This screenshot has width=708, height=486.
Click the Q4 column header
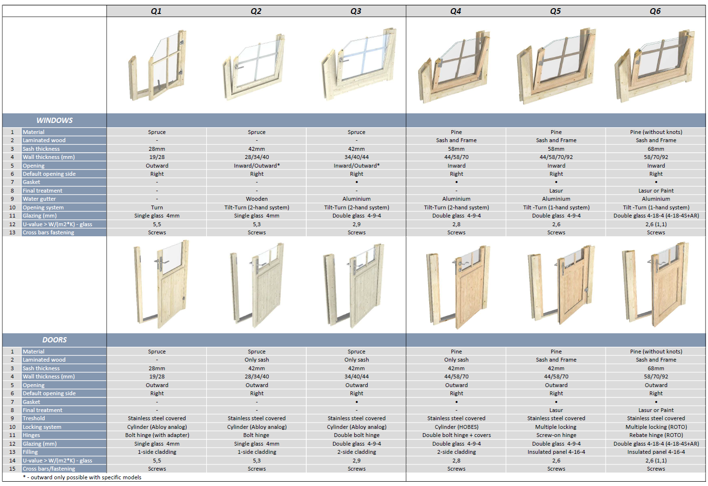point(456,11)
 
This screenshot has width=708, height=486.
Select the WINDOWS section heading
point(54,121)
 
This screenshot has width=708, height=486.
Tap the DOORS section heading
point(54,340)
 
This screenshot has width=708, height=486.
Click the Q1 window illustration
point(158,65)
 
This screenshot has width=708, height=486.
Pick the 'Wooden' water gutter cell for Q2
point(257,199)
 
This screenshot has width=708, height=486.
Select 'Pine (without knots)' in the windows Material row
point(656,132)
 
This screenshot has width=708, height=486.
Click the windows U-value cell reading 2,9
point(356,224)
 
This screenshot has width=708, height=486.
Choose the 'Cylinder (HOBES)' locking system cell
point(456,427)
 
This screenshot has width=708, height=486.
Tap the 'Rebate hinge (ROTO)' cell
point(656,435)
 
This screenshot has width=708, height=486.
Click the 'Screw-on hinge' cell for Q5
point(556,435)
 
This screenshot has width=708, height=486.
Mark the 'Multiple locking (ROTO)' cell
point(656,427)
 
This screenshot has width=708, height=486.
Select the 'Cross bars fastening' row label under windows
point(49,232)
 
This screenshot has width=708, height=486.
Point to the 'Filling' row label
point(30,452)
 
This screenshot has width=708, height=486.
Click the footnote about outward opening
point(82,477)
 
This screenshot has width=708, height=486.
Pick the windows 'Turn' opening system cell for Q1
point(157,207)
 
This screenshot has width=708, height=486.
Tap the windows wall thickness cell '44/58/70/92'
point(556,157)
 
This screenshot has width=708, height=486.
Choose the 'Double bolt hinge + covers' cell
point(456,435)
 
